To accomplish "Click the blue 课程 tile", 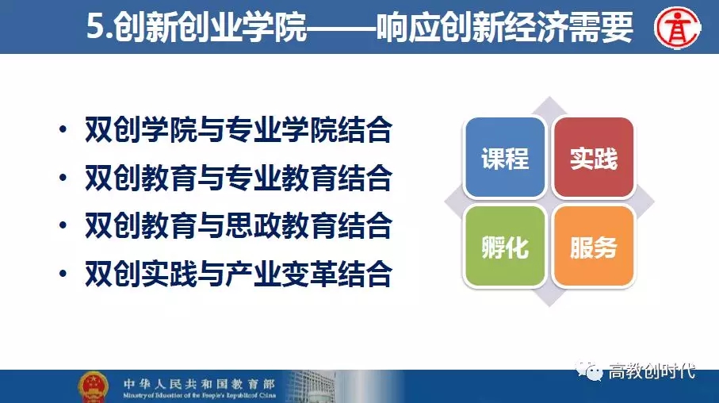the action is point(505,157).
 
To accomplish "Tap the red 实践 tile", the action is point(594,157).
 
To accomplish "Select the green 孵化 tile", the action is point(505,247).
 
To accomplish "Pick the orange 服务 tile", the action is point(594,247).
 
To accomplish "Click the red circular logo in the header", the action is point(677,28).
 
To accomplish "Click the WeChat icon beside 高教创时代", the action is point(589,370).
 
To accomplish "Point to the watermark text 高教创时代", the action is point(652,370).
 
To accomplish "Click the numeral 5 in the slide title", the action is point(94,27).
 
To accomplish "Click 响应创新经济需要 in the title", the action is point(505,27).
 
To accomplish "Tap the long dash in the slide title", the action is point(342,28).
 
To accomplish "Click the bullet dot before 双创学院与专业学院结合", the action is point(63,129).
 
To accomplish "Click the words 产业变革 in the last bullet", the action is point(281,274).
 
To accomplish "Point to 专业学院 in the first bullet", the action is point(281,129).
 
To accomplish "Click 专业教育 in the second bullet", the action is point(281,178).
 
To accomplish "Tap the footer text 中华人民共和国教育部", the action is point(199,383).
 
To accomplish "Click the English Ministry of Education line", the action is point(199,395).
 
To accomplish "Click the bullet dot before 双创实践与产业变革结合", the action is point(63,274).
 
